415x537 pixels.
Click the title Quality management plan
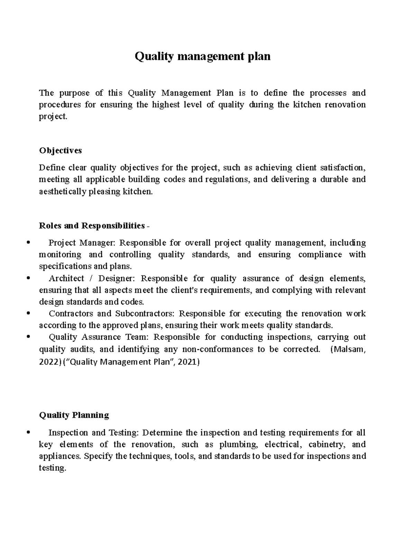point(202,56)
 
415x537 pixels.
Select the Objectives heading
point(61,150)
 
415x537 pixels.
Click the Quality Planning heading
point(74,415)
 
